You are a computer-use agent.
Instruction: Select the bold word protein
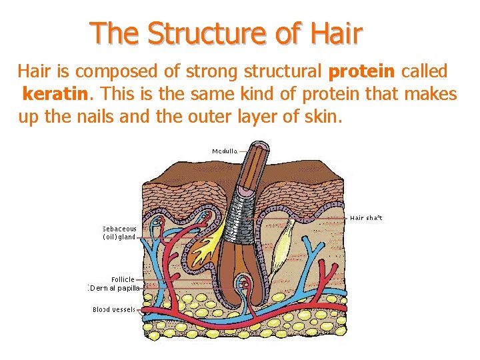click(361, 71)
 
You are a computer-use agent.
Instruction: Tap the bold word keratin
click(55, 95)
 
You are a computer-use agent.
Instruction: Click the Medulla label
click(225, 151)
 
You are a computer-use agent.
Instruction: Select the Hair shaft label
click(366, 217)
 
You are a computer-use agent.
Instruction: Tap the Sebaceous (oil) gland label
click(119, 232)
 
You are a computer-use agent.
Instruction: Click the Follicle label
click(123, 279)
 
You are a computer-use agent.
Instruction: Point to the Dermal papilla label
click(114, 288)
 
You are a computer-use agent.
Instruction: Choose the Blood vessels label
click(114, 309)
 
